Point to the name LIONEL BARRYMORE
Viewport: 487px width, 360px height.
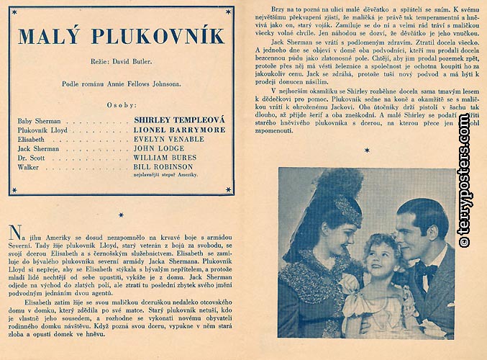point(180,130)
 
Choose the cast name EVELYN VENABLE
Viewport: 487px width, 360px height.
point(168,139)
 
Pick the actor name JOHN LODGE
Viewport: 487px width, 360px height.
point(159,148)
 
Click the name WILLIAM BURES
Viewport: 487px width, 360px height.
point(165,158)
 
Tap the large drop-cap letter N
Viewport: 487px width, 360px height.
point(14,232)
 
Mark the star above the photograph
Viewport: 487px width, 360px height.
point(367,151)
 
